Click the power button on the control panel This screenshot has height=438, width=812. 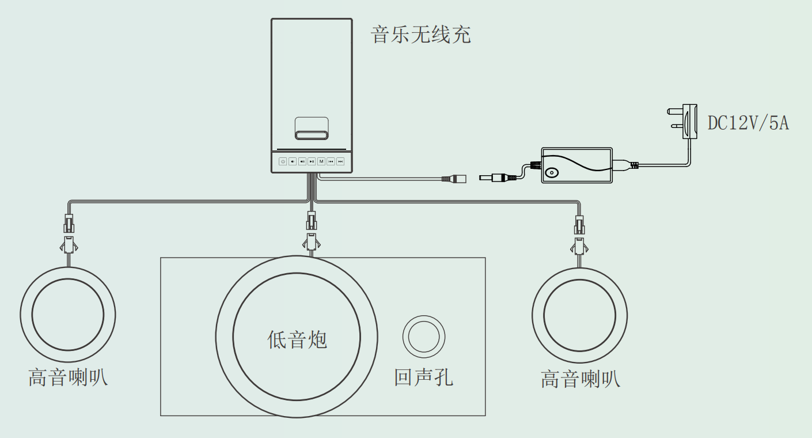283,161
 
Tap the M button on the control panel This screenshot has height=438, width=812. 321,161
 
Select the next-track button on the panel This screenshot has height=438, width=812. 340,161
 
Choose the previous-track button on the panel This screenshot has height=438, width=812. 331,161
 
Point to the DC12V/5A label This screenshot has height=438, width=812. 748,123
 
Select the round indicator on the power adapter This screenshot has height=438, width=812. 552,172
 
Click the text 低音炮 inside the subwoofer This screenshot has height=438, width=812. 297,339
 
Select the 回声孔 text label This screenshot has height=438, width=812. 423,377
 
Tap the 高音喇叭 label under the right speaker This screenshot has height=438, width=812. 580,379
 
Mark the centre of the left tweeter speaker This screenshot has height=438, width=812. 68,315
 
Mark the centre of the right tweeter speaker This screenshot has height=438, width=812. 580,315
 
